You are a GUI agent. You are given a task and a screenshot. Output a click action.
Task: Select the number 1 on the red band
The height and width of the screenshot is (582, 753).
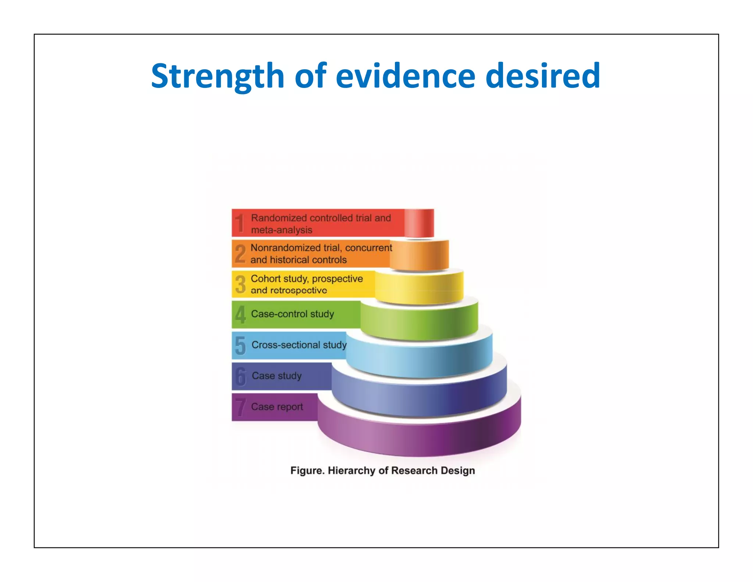coord(240,223)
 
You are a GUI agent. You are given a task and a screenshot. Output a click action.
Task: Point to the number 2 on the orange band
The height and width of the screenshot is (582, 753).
coord(240,254)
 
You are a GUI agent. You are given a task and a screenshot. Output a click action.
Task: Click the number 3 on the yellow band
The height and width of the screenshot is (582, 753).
coord(240,284)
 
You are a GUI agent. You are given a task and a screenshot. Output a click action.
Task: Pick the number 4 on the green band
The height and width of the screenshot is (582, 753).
coord(240,315)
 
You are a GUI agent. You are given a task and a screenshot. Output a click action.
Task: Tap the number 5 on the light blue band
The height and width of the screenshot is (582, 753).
coord(240,346)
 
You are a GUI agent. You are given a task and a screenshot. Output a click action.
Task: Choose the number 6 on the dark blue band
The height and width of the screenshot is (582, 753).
coord(240,376)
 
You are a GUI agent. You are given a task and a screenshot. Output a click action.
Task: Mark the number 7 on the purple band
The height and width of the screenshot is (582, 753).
coord(240,407)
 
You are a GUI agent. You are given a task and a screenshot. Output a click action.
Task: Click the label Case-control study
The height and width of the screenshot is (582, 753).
coord(292,314)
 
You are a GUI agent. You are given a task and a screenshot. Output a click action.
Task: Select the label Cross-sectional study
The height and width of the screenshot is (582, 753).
coord(299,345)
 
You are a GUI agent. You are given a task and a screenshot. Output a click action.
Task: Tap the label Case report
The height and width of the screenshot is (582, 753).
coord(277,407)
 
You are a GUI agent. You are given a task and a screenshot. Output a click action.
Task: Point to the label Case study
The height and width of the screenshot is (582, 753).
coord(276,376)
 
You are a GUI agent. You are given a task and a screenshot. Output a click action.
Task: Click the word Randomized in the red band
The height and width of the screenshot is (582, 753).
coord(279,218)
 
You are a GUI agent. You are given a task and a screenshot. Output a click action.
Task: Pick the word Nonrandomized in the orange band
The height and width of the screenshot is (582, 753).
coord(283,248)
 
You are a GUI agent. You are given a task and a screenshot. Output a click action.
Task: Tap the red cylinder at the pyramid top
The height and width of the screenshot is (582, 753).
coord(419,223)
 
